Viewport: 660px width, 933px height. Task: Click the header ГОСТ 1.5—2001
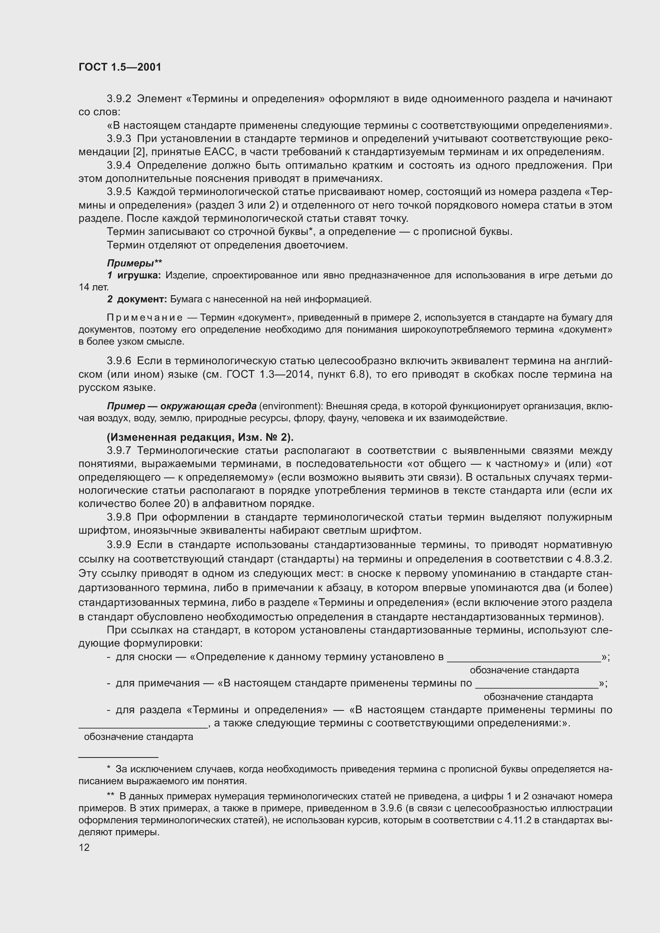[x=120, y=67]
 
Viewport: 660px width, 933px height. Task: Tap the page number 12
[x=84, y=847]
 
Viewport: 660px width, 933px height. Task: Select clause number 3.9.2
[x=119, y=99]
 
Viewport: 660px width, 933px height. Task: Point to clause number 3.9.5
[x=119, y=192]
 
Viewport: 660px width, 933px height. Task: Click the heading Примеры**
[x=134, y=263]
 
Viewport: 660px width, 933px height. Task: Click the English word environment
[x=288, y=406]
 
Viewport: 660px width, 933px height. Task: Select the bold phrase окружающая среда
[x=208, y=406]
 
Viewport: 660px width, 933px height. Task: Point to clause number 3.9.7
[x=119, y=451]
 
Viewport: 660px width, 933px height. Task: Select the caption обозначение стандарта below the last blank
[x=138, y=737]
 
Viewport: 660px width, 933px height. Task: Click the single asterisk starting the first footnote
[x=109, y=769]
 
